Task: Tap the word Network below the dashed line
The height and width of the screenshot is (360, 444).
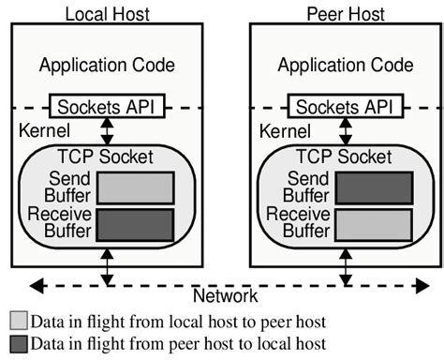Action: click(x=225, y=296)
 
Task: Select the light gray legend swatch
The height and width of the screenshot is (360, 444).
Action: click(x=19, y=322)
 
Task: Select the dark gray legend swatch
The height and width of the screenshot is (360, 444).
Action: click(x=19, y=344)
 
